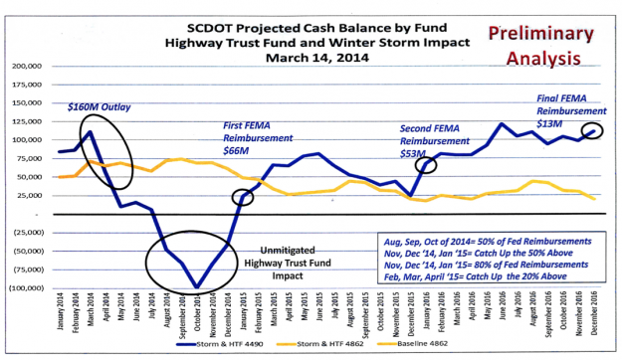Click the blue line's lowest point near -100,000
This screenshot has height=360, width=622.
coord(198,286)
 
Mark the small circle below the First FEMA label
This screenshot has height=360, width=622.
coord(243,197)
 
